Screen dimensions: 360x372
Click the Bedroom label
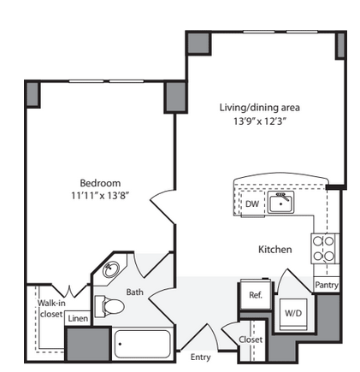pos(100,183)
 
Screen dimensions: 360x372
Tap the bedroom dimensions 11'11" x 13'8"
pos(100,196)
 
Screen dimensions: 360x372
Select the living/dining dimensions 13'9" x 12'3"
pos(260,121)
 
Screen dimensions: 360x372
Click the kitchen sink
pos(280,202)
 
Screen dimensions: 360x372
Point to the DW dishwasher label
pos(252,204)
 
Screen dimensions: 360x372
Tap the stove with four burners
pos(323,249)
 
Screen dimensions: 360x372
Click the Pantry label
pos(327,285)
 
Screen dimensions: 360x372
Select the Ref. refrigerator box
pos(256,294)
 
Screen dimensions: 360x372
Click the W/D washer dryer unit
pos(293,314)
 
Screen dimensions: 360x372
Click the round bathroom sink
pos(110,269)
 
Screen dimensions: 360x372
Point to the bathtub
pos(142,344)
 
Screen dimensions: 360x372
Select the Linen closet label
pos(78,318)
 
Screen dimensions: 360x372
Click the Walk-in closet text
pos(51,309)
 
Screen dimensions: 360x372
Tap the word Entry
pos(201,357)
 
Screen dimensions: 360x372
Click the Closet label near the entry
pos(251,340)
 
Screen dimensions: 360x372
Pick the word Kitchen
pos(275,250)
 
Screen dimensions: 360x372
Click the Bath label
pos(135,292)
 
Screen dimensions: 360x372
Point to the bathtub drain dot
pos(120,344)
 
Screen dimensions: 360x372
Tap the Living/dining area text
pos(260,108)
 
